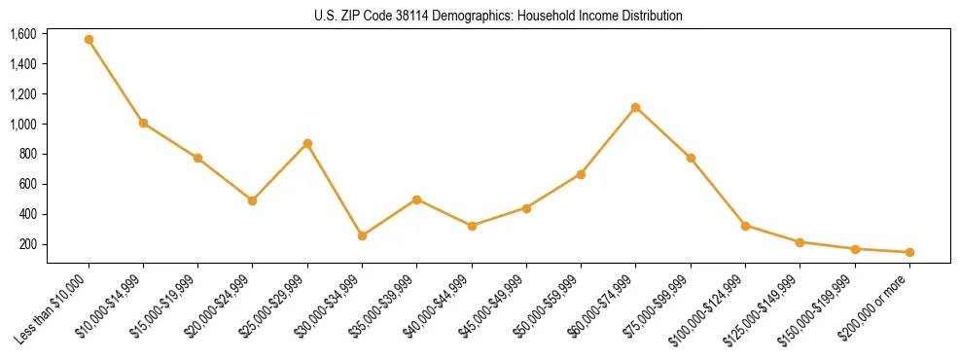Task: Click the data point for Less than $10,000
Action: (89, 40)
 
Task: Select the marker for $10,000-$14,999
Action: (143, 124)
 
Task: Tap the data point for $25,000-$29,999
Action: (307, 143)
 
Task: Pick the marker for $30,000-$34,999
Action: (362, 235)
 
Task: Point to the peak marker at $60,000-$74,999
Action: (635, 107)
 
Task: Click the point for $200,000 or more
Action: (909, 252)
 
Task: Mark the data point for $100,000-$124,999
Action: (745, 226)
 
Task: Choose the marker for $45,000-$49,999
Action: (526, 208)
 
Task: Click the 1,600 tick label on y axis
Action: (23, 34)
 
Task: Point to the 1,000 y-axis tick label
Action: (23, 125)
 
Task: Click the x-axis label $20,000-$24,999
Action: (220, 306)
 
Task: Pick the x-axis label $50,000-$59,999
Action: (549, 306)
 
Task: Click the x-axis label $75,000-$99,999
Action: (658, 306)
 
